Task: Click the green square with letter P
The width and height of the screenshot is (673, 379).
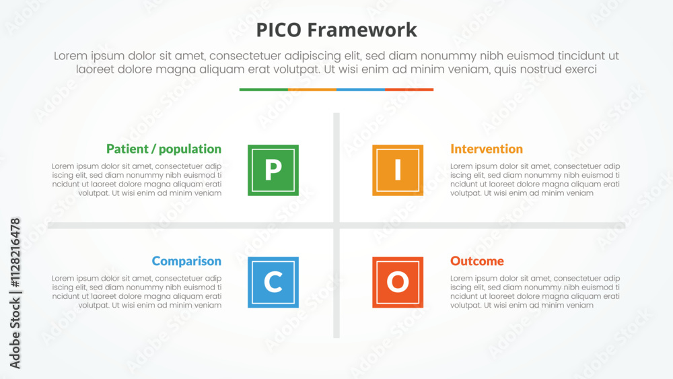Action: point(273,170)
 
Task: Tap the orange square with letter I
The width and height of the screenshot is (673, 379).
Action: point(398,170)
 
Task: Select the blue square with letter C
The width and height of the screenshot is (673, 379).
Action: point(273,282)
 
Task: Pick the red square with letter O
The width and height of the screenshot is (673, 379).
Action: point(398,282)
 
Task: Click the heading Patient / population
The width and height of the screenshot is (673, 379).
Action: point(164,149)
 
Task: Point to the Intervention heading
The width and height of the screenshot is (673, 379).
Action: point(487,149)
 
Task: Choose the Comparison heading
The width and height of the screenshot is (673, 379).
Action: point(186,261)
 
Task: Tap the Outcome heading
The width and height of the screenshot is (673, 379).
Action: point(477,261)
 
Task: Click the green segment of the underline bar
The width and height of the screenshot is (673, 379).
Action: point(263,90)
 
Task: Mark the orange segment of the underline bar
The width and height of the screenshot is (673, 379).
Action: point(312,90)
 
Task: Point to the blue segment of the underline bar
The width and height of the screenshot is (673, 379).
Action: point(360,90)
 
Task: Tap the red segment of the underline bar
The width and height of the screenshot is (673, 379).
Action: point(409,90)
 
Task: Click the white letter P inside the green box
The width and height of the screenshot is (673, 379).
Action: point(273,170)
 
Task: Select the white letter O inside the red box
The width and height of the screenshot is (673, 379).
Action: point(398,282)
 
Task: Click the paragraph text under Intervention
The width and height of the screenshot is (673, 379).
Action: point(535,180)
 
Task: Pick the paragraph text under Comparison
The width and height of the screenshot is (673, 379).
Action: point(137,291)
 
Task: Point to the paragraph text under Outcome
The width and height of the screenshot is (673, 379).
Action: point(535,291)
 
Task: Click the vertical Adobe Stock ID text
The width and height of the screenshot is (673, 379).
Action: point(15,293)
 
